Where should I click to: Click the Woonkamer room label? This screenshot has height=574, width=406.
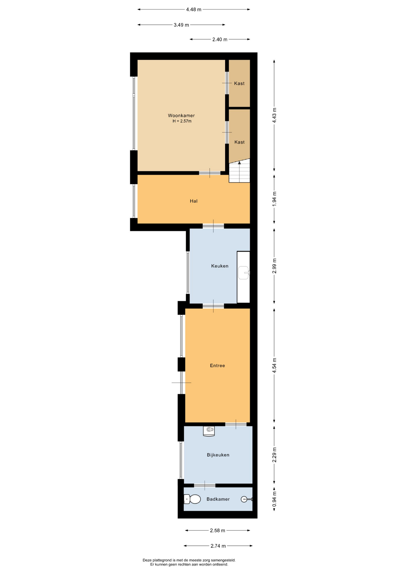tap(181, 115)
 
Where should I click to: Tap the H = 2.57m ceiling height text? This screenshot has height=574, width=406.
tap(182, 121)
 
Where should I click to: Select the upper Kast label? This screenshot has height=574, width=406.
tap(239, 83)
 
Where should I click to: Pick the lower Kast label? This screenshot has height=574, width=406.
tap(239, 142)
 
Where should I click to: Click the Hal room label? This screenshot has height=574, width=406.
tap(193, 201)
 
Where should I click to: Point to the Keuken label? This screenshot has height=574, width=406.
tap(219, 266)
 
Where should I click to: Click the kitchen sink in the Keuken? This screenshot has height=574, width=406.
tap(244, 273)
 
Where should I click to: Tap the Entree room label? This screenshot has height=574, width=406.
tap(217, 365)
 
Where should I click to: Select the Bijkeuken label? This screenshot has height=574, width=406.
tap(218, 455)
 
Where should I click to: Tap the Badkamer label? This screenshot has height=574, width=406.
tap(218, 499)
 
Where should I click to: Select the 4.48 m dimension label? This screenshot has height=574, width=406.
tap(193, 9)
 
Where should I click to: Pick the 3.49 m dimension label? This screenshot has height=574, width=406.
tap(181, 25)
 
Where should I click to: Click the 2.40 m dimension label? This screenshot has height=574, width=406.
tap(220, 39)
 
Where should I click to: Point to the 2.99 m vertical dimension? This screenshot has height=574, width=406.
tap(274, 266)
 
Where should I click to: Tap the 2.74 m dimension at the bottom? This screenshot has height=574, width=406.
tap(218, 546)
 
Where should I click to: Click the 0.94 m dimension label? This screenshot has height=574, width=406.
tap(274, 499)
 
